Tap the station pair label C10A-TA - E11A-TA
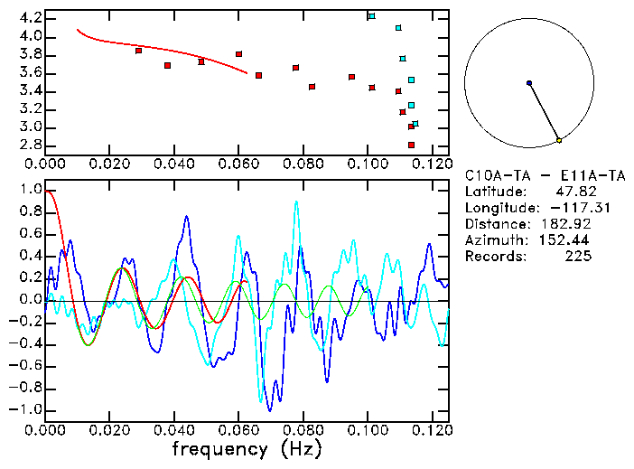533,175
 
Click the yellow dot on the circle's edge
559,140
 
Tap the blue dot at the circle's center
529,83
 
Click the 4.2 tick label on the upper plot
30,18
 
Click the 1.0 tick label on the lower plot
30,191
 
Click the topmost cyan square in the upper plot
371,16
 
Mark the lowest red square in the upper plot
411,145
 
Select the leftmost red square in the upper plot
138,51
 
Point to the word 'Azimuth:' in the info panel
494,240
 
